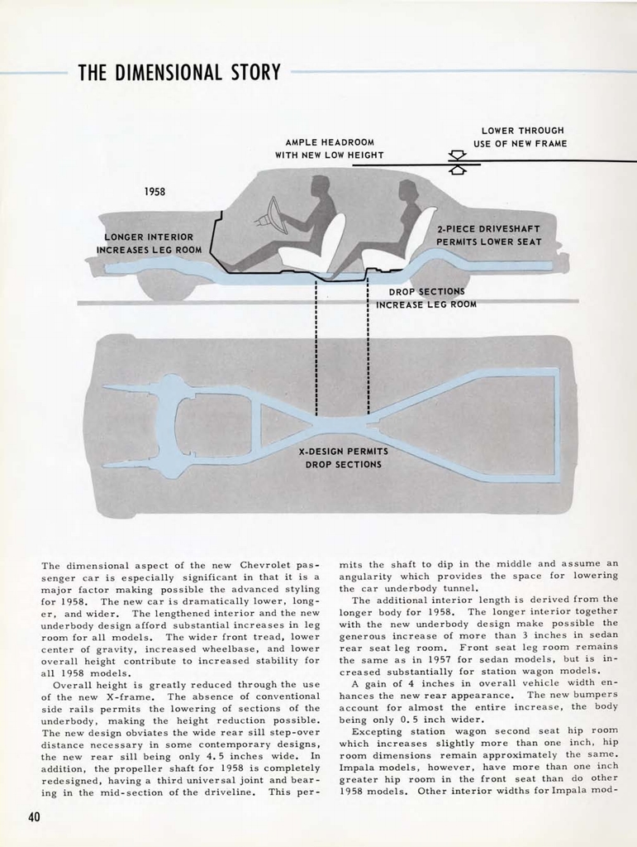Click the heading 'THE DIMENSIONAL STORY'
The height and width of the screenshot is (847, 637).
pos(178,73)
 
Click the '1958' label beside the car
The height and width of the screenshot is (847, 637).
pos(155,192)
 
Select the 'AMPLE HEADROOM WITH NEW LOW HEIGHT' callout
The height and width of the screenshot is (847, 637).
pos(329,149)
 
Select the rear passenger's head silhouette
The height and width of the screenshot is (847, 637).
pos(407,190)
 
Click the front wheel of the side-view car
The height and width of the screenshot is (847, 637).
pos(165,285)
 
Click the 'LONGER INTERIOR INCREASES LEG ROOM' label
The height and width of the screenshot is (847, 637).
pos(149,243)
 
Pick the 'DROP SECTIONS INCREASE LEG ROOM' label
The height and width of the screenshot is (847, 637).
pos(426,298)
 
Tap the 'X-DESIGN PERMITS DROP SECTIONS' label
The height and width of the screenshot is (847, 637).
pos(343,458)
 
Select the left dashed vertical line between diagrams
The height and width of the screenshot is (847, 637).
pos(316,347)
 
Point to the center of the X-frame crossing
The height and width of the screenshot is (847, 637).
pos(343,424)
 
